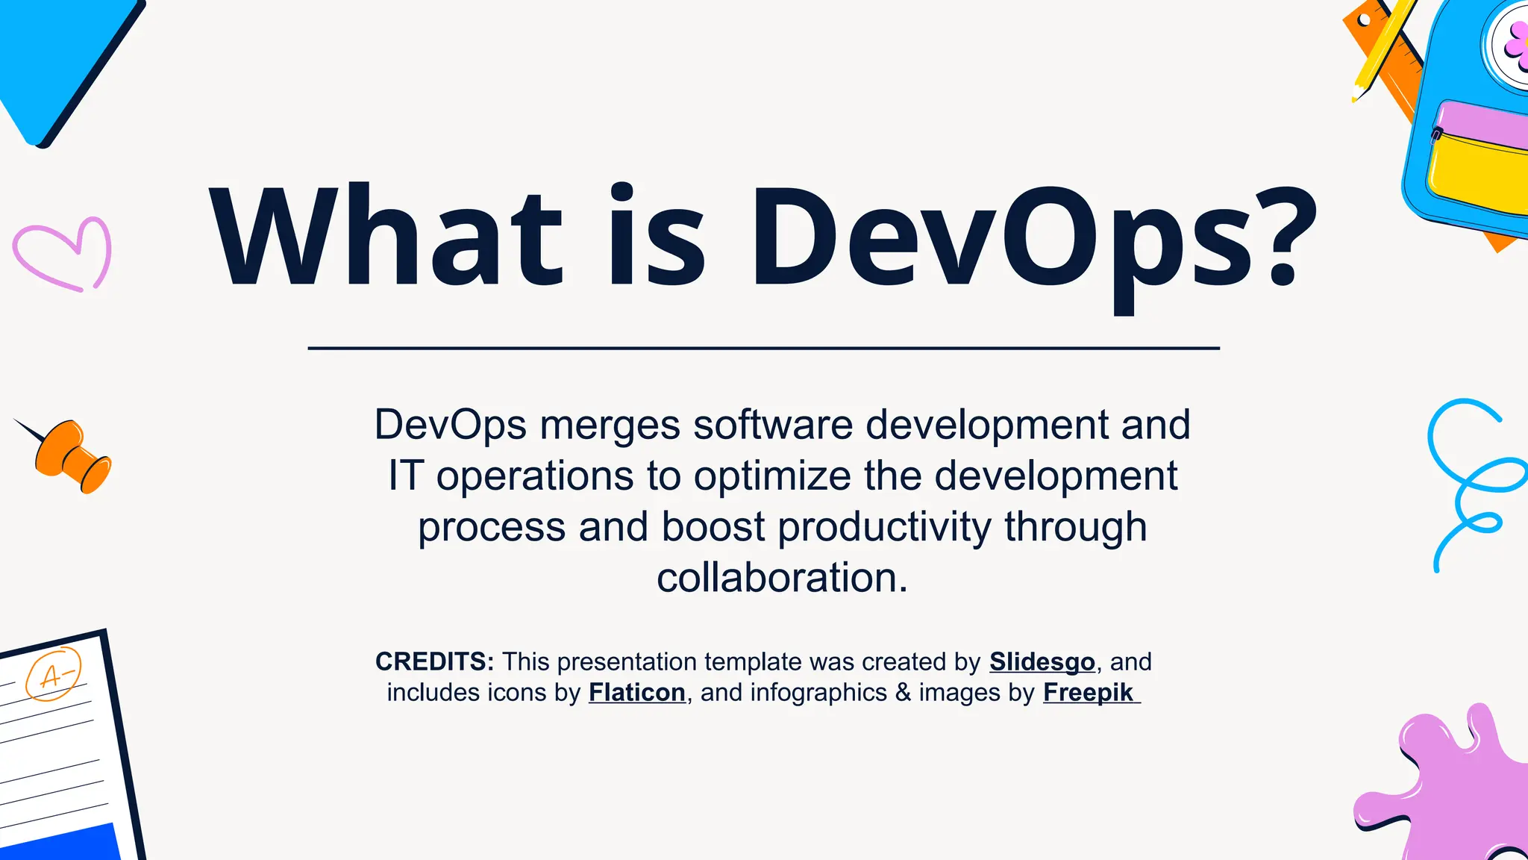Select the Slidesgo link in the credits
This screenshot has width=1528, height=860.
point(1042,662)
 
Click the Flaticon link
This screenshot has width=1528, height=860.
point(636,693)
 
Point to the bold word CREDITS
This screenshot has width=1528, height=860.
point(433,662)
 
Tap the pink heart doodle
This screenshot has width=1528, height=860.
point(63,254)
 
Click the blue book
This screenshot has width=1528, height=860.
point(60,60)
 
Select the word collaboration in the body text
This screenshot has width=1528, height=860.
point(782,579)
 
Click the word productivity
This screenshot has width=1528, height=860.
point(885,527)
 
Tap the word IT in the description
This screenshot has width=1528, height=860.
point(406,476)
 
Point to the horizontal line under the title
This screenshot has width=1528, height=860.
point(763,348)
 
